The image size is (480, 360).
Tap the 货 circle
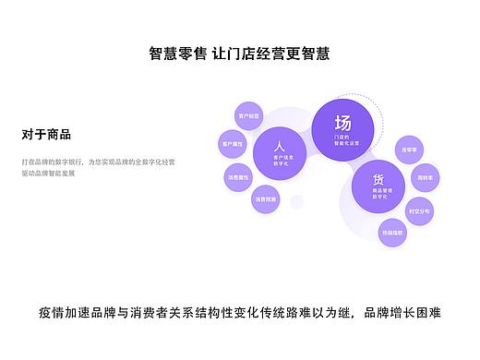click(378, 186)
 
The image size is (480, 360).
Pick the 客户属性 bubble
click(231, 145)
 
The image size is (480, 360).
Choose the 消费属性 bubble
click(238, 176)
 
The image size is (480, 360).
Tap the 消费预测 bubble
click(265, 198)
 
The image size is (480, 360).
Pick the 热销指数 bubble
click(392, 234)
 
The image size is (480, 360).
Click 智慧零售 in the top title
click(179, 54)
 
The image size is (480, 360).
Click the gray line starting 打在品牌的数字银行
click(98, 162)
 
